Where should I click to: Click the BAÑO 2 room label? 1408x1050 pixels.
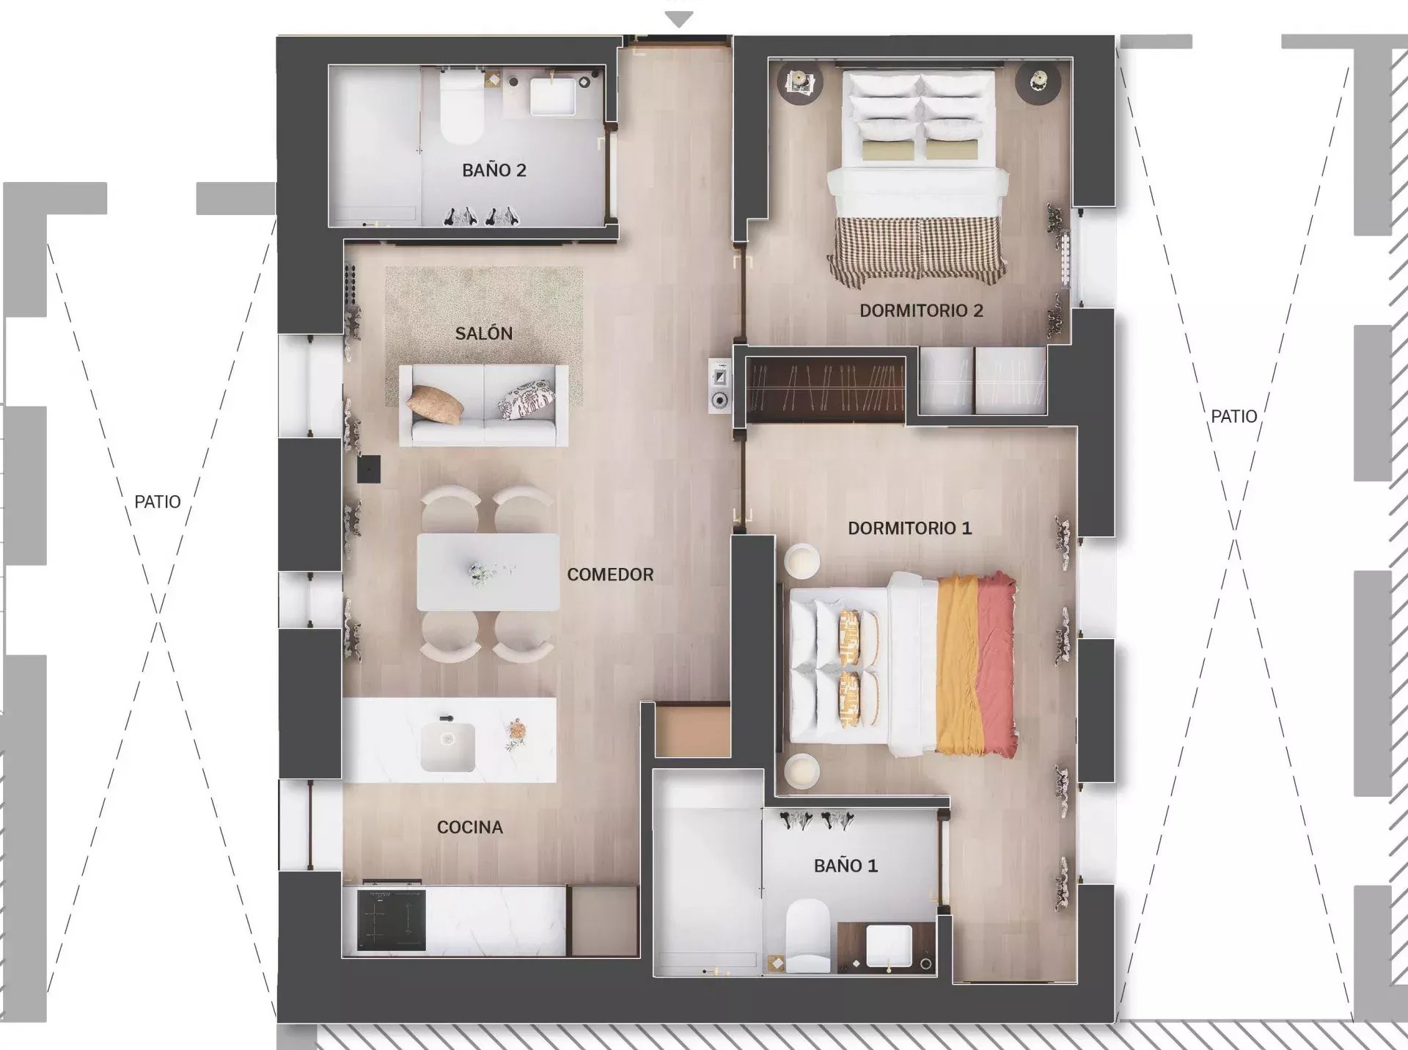pyautogui.click(x=494, y=170)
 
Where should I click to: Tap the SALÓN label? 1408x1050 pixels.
pyautogui.click(x=483, y=333)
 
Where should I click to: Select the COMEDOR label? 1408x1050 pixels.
pyautogui.click(x=610, y=575)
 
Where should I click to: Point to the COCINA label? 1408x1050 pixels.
pyautogui.click(x=470, y=827)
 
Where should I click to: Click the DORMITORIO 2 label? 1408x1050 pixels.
pyautogui.click(x=921, y=310)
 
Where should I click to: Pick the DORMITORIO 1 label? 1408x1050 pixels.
pyautogui.click(x=909, y=528)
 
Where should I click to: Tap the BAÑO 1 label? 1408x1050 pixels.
pyautogui.click(x=846, y=866)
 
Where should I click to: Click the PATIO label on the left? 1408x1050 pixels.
pyautogui.click(x=157, y=502)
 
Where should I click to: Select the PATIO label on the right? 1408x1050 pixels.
pyautogui.click(x=1233, y=417)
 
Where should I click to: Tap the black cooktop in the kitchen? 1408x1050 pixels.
pyautogui.click(x=391, y=920)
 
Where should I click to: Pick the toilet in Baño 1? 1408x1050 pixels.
pyautogui.click(x=807, y=936)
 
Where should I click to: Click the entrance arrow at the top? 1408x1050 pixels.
pyautogui.click(x=679, y=20)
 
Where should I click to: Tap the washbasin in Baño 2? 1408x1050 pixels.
pyautogui.click(x=552, y=96)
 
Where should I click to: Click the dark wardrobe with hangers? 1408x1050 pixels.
pyautogui.click(x=826, y=389)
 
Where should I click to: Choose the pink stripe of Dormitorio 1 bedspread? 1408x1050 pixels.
pyautogui.click(x=997, y=664)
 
